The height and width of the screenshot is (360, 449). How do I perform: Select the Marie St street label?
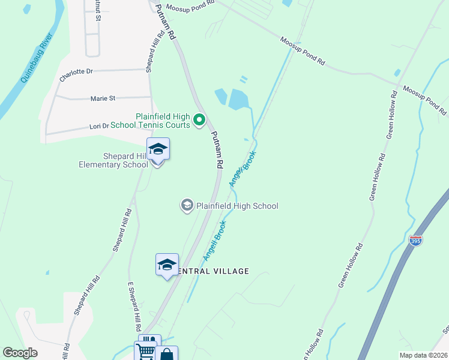click(x=103, y=98)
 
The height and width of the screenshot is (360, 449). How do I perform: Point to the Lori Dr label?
click(x=99, y=126)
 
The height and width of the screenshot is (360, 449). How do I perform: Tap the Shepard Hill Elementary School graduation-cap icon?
click(x=158, y=149)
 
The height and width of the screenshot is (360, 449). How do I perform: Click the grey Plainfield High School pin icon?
click(x=187, y=206)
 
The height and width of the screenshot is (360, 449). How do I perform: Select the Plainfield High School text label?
click(x=237, y=206)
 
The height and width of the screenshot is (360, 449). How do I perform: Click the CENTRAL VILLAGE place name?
click(x=211, y=271)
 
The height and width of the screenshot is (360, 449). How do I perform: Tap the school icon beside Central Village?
click(x=167, y=264)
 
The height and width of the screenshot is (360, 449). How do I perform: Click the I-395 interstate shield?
click(x=415, y=241)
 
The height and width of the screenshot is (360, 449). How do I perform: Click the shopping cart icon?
click(x=145, y=352)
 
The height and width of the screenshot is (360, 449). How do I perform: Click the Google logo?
click(x=20, y=353)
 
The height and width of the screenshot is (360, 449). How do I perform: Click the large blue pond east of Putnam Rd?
click(x=238, y=99)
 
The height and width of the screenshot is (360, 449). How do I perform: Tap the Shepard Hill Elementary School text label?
click(x=113, y=160)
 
